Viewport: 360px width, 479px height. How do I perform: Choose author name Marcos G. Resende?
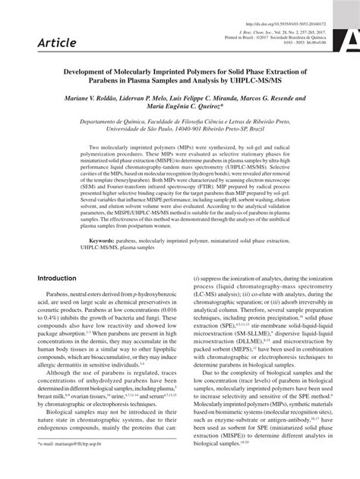pos(278,98)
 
